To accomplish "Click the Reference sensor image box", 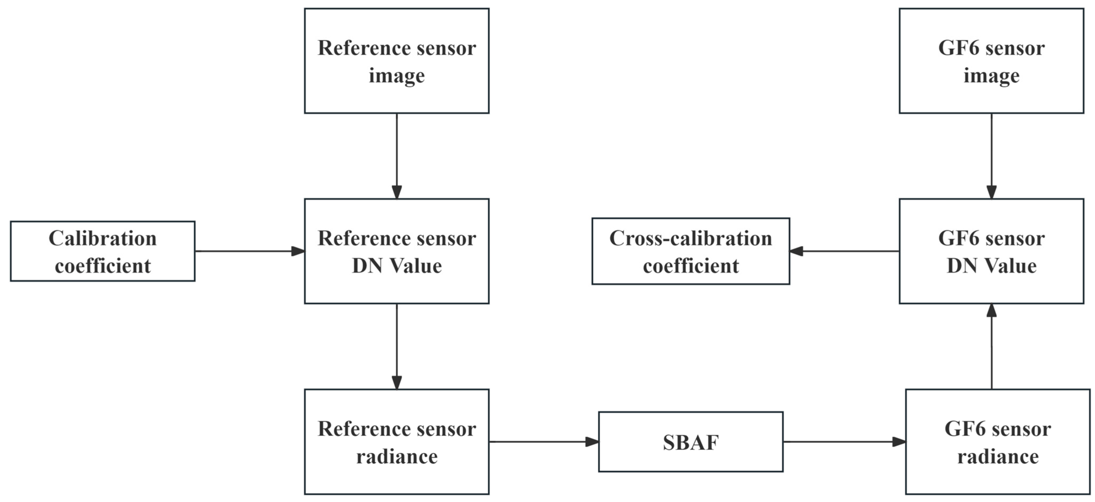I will point(397,61).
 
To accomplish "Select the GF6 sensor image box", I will point(991,61).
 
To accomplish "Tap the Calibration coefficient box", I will point(103,251).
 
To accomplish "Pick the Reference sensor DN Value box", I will point(397,251).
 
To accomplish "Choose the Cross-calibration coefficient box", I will point(691,251).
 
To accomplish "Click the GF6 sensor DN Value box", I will point(991,251).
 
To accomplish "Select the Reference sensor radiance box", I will point(397,442).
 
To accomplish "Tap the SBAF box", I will point(691,442).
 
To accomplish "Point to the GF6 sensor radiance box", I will point(998,442).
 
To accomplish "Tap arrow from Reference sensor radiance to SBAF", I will point(544,442).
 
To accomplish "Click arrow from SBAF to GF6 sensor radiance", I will point(844,442).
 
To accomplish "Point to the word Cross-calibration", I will point(691,238).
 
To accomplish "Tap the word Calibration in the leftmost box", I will point(103,238).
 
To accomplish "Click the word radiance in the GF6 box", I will point(998,456).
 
